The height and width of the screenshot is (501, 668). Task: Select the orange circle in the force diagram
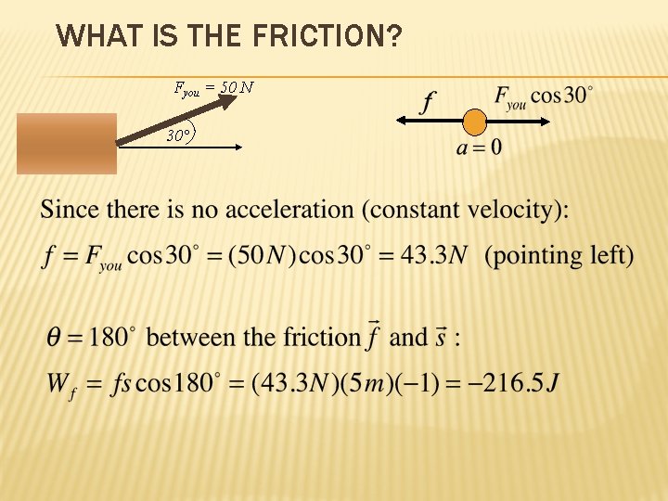[x=474, y=121]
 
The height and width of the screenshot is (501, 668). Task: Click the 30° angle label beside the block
[x=179, y=135]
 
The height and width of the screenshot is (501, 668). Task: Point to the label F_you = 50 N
[x=214, y=88]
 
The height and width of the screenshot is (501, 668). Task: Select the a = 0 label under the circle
[x=478, y=148]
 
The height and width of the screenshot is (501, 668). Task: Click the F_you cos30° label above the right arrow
[x=544, y=97]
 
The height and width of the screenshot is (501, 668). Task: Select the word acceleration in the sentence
[x=290, y=210]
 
